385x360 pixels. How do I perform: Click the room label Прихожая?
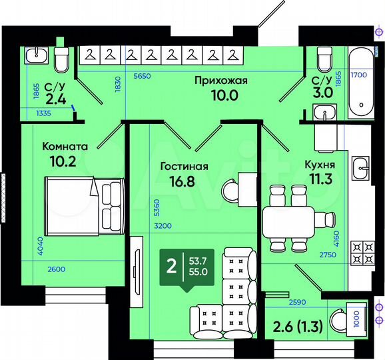coord(220,81)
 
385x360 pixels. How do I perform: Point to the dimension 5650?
coord(143,76)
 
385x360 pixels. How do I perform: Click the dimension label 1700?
coord(359,76)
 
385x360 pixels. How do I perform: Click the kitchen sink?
coord(362,165)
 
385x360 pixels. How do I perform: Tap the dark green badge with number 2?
coord(172,267)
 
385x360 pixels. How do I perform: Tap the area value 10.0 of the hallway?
coord(220,96)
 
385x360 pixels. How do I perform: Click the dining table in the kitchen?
coord(289,220)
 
